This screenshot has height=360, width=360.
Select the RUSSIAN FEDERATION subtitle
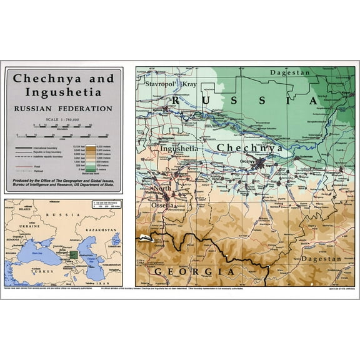64,108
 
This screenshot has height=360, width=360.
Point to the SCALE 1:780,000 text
63,120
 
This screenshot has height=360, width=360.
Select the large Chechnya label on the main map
250,147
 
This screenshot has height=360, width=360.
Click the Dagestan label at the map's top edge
289,72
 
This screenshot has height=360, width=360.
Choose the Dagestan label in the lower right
321,258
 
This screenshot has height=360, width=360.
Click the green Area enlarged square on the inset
74,254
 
